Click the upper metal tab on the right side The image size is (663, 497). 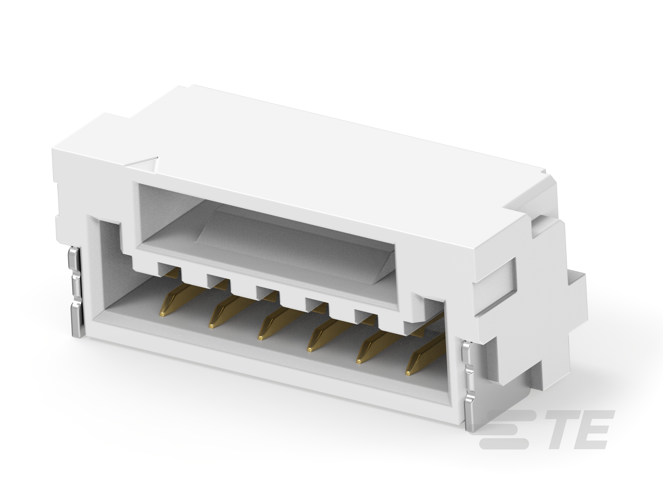click(468, 356)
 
